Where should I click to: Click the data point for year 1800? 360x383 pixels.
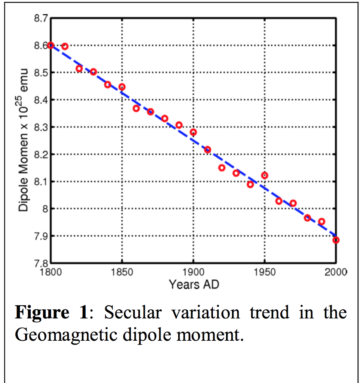pyautogui.click(x=51, y=45)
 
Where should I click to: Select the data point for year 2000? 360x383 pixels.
pyautogui.click(x=336, y=240)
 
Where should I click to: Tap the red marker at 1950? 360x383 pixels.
pyautogui.click(x=265, y=175)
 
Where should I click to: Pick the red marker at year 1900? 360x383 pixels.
pyautogui.click(x=193, y=132)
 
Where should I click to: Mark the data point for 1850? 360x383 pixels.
pyautogui.click(x=122, y=87)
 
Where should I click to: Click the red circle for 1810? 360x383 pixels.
pyautogui.click(x=65, y=46)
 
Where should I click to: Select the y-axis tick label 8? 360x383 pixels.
pyautogui.click(x=45, y=209)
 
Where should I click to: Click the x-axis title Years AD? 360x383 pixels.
pyautogui.click(x=193, y=284)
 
